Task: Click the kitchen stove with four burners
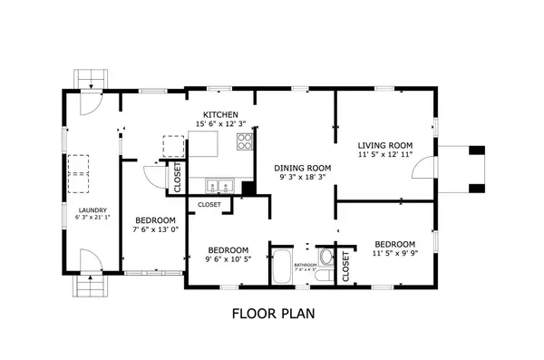244,141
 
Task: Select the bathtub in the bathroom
282,267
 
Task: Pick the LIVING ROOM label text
385,145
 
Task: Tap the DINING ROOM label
303,168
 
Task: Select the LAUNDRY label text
92,209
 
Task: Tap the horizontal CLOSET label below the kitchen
209,205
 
